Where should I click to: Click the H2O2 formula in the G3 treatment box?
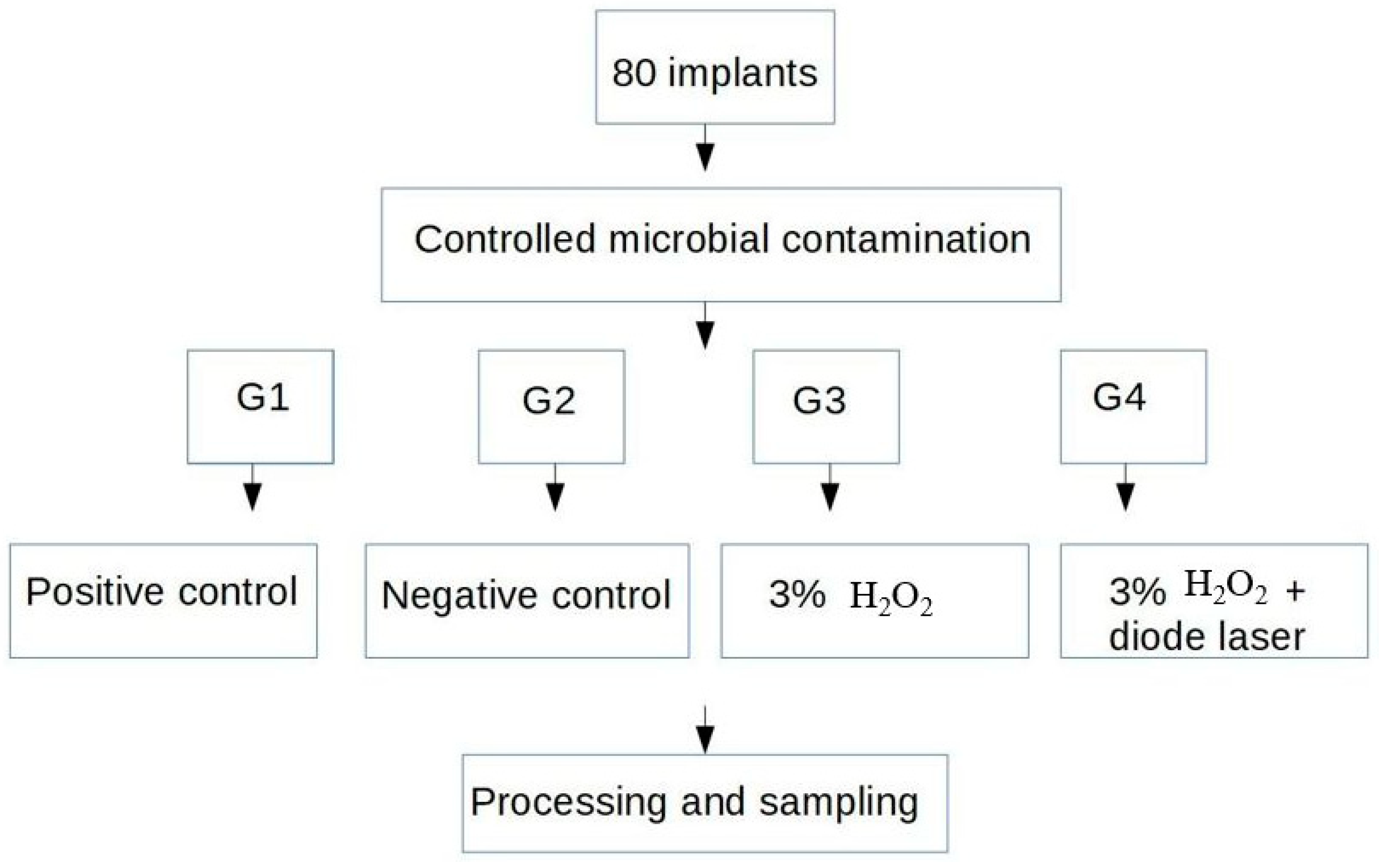click(890, 597)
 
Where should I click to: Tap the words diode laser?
click(1206, 637)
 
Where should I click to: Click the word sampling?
click(838, 803)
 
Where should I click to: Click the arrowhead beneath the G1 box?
click(252, 497)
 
